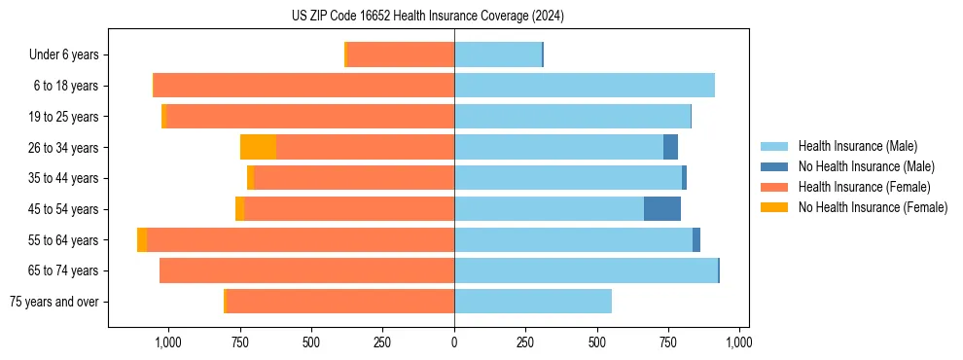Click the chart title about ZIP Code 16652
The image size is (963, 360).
(428, 17)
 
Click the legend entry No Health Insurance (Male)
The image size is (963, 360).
(866, 166)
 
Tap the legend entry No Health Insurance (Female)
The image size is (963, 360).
(873, 207)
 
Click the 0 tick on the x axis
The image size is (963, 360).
(454, 342)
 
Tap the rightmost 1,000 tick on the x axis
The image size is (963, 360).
(739, 342)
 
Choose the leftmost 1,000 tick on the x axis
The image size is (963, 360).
(168, 342)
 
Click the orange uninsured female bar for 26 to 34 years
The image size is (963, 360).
(258, 147)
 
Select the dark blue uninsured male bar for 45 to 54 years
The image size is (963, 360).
(662, 209)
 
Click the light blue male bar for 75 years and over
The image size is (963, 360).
(533, 302)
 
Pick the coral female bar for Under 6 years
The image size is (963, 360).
(401, 54)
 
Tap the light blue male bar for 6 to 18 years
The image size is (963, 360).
(584, 86)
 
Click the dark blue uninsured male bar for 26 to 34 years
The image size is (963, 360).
(670, 147)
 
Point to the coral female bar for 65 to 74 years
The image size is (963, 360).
(306, 270)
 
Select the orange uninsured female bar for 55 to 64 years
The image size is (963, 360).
(142, 239)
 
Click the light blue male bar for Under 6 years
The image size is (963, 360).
(498, 54)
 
